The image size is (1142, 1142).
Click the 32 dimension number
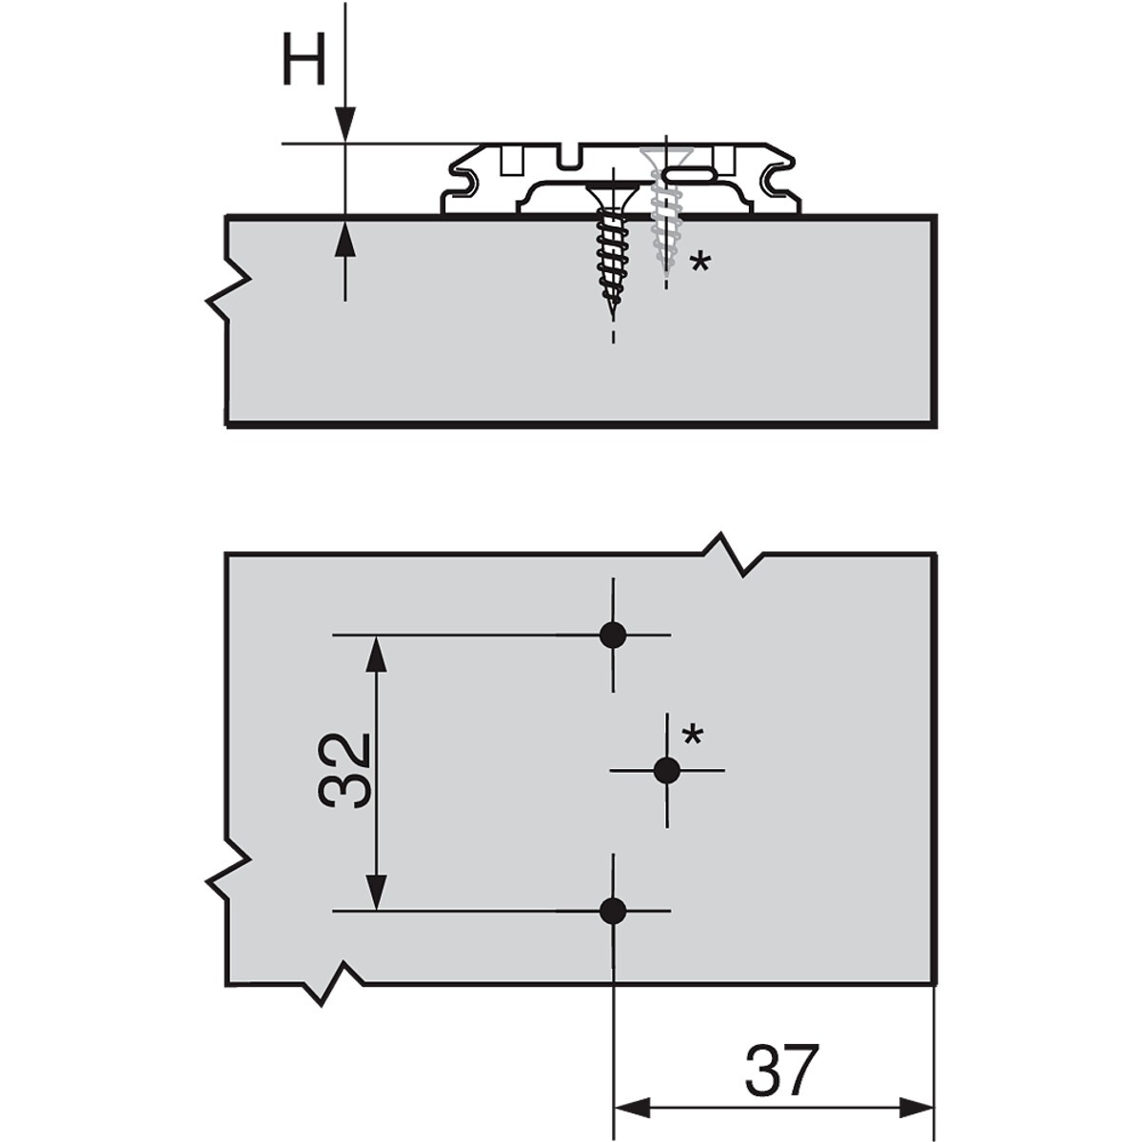[x=345, y=771]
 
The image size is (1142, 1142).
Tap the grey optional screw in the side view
[x=665, y=208]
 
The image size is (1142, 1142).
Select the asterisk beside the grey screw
[x=699, y=263]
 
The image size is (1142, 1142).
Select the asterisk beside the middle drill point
[x=692, y=737]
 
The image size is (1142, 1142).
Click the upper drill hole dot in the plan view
[x=613, y=636]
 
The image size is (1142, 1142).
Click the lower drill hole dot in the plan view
[x=613, y=927]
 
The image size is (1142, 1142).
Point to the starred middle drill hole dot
[x=667, y=771]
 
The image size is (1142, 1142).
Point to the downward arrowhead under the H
[x=345, y=125]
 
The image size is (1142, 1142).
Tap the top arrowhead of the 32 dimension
[x=376, y=654]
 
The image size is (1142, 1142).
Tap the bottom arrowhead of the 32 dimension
[x=376, y=907]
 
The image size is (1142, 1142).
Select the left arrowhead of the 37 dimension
[x=632, y=1106]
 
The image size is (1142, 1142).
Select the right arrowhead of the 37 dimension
[x=916, y=1106]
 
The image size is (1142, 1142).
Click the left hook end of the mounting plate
[x=465, y=181]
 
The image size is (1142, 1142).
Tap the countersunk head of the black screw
[x=613, y=194]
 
